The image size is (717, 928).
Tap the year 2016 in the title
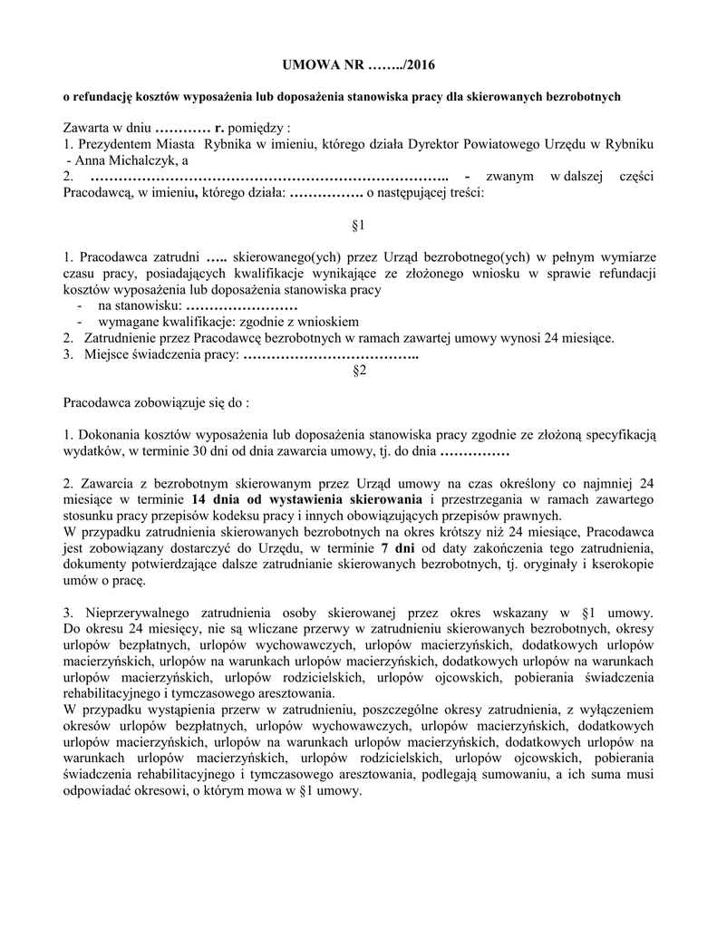[420, 65]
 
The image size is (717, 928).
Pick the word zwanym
[510, 176]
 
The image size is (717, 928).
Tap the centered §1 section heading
[358, 223]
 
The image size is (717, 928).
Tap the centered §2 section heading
[358, 370]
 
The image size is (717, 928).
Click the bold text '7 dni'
[399, 548]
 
